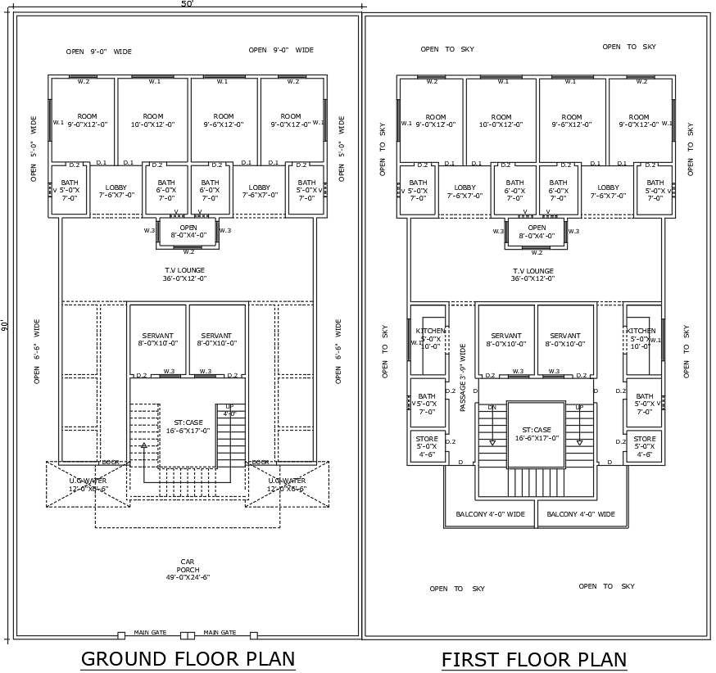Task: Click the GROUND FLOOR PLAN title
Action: click(x=188, y=659)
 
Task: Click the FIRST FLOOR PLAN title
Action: click(x=533, y=660)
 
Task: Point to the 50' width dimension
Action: click(x=187, y=4)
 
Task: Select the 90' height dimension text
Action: click(x=5, y=325)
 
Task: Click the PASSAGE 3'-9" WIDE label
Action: click(x=463, y=377)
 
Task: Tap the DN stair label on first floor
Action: click(x=492, y=407)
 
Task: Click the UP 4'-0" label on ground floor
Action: click(x=229, y=410)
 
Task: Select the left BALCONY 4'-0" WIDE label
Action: click(x=490, y=514)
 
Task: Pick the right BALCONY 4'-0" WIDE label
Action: click(x=581, y=514)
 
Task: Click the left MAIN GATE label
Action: click(x=151, y=633)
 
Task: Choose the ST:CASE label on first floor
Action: click(x=537, y=433)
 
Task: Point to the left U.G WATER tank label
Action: click(x=88, y=485)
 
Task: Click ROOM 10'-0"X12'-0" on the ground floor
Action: click(x=153, y=120)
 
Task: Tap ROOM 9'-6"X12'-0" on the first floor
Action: click(x=571, y=121)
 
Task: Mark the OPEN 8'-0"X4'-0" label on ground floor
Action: click(x=188, y=232)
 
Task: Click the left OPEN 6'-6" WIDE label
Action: click(x=37, y=352)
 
